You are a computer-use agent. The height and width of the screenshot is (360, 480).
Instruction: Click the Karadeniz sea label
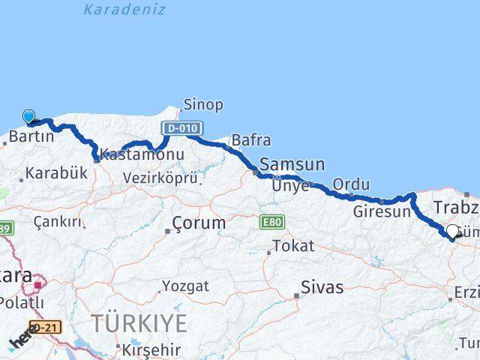124,10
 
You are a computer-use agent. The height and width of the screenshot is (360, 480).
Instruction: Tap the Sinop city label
202,105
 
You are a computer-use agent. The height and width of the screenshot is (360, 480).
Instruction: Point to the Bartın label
31,136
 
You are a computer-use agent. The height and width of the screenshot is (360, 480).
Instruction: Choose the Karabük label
56,173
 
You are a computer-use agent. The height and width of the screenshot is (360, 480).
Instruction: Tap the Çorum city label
199,223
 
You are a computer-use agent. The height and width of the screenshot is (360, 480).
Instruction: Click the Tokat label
293,246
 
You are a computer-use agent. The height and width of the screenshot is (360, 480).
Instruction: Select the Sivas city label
322,287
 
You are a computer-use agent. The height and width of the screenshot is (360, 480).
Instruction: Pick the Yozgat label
185,286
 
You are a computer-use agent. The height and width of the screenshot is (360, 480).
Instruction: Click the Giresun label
382,211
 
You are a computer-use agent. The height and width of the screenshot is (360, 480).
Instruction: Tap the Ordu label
351,184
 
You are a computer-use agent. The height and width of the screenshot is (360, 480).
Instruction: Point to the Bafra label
251,140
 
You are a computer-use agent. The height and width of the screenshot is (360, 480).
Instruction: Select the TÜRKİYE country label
139,324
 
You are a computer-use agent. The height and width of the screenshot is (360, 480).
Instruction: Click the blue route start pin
28,116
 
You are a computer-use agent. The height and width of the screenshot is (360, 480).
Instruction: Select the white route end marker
452,232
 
